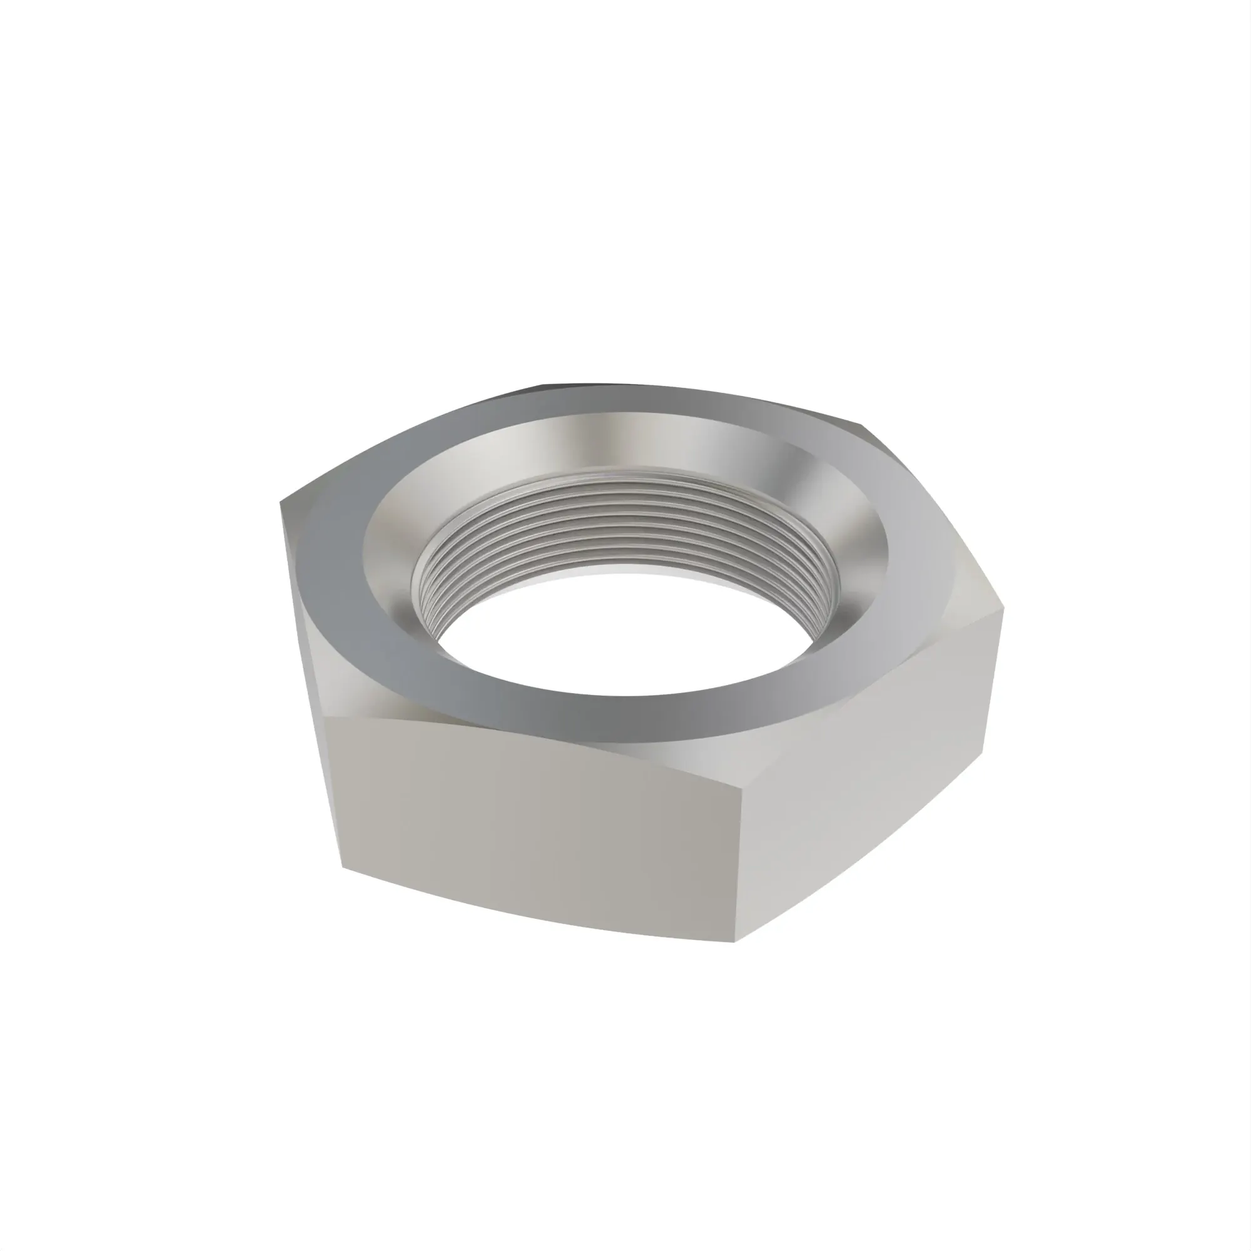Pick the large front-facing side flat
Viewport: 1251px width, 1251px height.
537,829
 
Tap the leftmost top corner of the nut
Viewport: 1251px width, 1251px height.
281,502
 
